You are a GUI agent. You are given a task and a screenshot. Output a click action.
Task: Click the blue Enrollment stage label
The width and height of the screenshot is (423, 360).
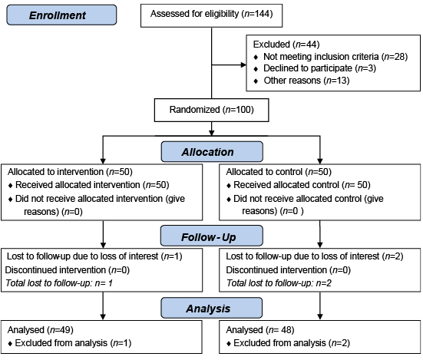pyautogui.click(x=61, y=15)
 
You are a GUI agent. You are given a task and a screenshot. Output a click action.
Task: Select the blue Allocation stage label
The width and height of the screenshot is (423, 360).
pyautogui.click(x=212, y=152)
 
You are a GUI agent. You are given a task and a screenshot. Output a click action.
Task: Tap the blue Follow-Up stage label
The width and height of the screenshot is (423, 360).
pyautogui.click(x=212, y=236)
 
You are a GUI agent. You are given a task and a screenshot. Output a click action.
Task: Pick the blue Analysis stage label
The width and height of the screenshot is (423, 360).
pyautogui.click(x=212, y=308)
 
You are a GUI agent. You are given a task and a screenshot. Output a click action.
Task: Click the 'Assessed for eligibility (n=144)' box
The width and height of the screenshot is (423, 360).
pyautogui.click(x=212, y=15)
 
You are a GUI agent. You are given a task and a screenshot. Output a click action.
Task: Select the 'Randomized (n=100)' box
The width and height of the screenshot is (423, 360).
pyautogui.click(x=212, y=110)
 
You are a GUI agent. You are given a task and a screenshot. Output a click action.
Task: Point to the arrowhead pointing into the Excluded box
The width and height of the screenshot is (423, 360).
pyautogui.click(x=243, y=64)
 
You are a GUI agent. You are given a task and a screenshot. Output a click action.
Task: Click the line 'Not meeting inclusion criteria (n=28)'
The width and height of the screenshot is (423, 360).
pyautogui.click(x=335, y=57)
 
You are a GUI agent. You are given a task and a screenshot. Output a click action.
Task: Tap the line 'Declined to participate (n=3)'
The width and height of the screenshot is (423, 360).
pyautogui.click(x=319, y=68)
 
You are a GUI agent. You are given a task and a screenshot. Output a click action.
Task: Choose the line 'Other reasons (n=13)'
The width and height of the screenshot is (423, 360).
pyautogui.click(x=306, y=81)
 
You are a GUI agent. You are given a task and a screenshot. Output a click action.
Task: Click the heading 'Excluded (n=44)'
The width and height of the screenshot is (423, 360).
pyautogui.click(x=286, y=45)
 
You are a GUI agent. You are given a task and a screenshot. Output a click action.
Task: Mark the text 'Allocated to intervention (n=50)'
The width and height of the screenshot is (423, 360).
pyautogui.click(x=70, y=172)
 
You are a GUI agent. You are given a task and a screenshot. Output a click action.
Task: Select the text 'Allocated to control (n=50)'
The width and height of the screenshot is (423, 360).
pyautogui.click(x=279, y=172)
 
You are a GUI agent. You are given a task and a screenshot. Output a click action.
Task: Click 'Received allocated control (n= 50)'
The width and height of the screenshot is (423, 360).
pyautogui.click(x=302, y=185)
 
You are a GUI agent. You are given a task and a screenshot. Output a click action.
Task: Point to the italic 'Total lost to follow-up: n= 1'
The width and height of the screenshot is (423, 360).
pyautogui.click(x=59, y=283)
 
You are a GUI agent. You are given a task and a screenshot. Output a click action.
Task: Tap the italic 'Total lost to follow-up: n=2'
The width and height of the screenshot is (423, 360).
pyautogui.click(x=279, y=283)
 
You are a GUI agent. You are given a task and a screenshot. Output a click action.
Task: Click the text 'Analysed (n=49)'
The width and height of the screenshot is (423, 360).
pyautogui.click(x=41, y=330)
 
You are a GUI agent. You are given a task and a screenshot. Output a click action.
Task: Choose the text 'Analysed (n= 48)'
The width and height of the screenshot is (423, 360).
pyautogui.click(x=260, y=330)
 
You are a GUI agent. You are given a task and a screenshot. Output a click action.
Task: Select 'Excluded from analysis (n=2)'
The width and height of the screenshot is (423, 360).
pyautogui.click(x=292, y=343)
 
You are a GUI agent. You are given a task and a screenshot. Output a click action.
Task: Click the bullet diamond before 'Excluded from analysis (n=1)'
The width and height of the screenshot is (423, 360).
pyautogui.click(x=10, y=344)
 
